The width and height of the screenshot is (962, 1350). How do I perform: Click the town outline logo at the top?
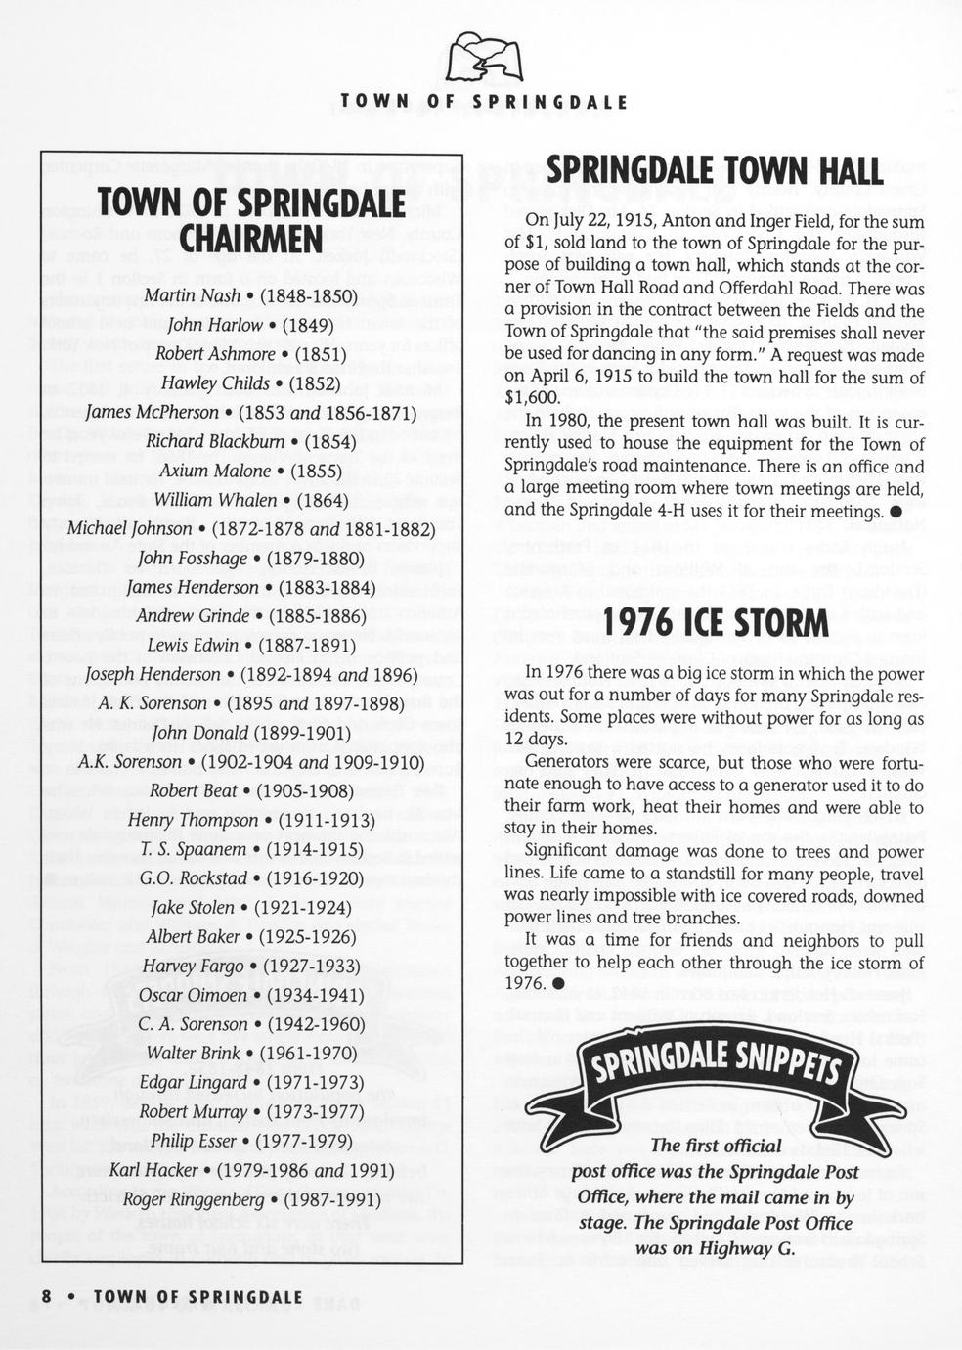(483, 57)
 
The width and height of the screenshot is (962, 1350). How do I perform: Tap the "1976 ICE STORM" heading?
(716, 622)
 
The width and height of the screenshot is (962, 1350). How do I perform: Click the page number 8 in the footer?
(46, 1296)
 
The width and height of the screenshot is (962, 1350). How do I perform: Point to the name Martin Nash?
(192, 295)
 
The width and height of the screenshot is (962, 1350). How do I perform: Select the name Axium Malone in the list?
(215, 471)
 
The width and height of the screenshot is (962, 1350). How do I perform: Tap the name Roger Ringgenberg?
(193, 1199)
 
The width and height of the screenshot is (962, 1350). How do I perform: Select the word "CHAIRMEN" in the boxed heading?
(251, 239)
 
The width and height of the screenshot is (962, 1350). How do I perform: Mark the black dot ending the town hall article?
(895, 512)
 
